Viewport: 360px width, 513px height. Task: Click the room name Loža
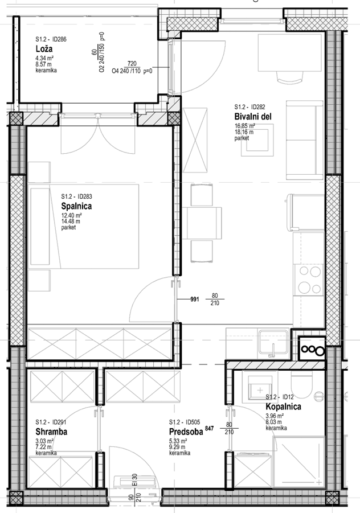pyautogui.click(x=44, y=49)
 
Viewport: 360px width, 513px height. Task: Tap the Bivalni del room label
pyautogui.click(x=253, y=117)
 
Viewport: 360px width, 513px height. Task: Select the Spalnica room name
pyautogui.click(x=76, y=206)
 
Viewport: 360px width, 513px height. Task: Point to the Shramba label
pyautogui.click(x=51, y=432)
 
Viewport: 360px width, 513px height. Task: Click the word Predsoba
pyautogui.click(x=186, y=432)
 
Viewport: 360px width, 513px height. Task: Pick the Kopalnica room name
pyautogui.click(x=284, y=407)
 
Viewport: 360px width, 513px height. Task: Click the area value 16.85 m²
pyautogui.click(x=244, y=126)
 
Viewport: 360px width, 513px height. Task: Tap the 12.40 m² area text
pyautogui.click(x=71, y=216)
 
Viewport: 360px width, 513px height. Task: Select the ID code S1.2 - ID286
pyautogui.click(x=51, y=39)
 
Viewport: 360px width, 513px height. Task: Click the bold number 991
pyautogui.click(x=194, y=299)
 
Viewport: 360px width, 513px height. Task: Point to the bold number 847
pyautogui.click(x=209, y=428)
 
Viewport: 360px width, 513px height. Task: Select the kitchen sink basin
pyautogui.click(x=273, y=342)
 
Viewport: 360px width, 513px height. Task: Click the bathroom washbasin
pyautogui.click(x=260, y=388)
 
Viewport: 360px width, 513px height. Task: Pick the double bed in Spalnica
pyautogui.click(x=84, y=227)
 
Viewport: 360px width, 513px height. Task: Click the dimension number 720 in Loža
pyautogui.click(x=132, y=63)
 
